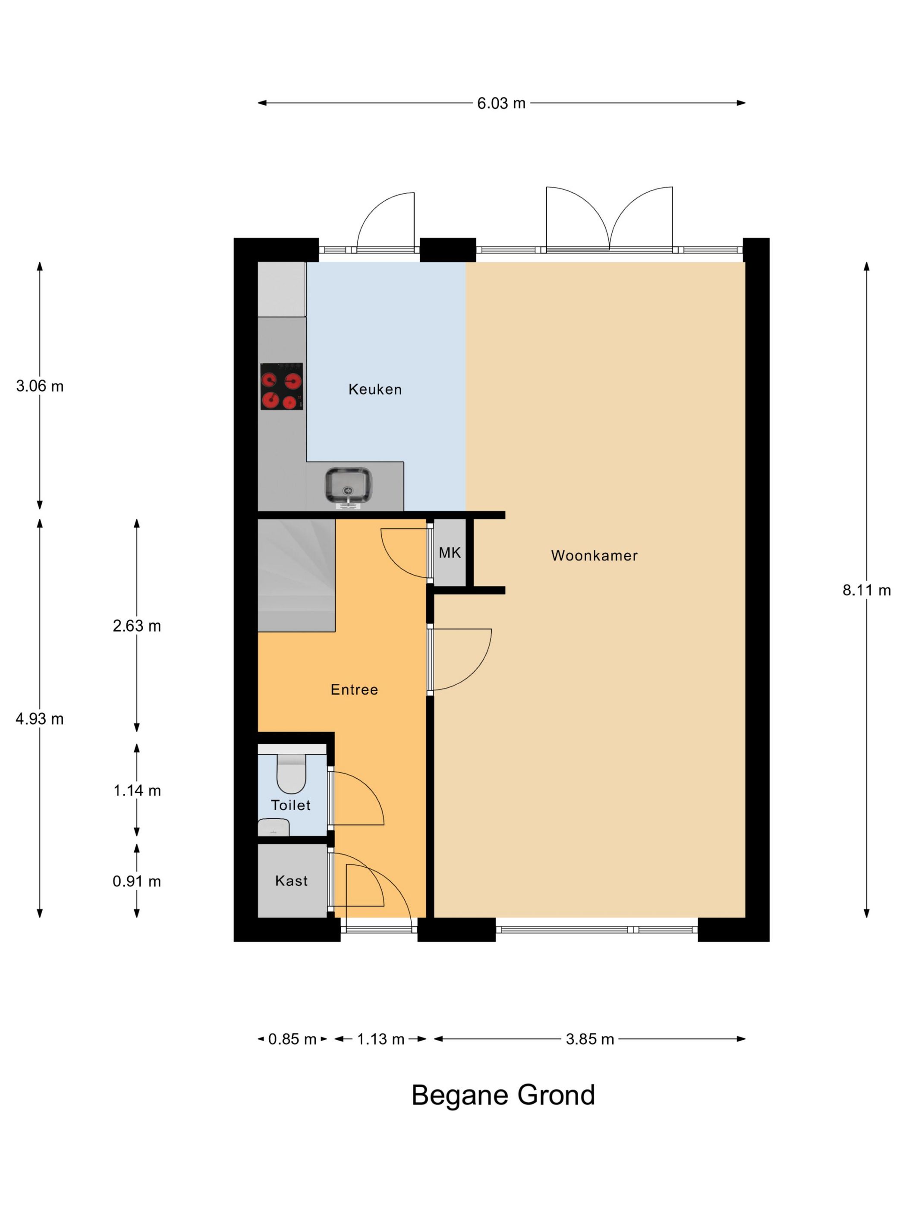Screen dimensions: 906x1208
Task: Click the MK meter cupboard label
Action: (450, 553)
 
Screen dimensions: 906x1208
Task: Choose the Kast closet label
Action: (291, 881)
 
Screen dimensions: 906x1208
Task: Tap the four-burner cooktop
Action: (281, 386)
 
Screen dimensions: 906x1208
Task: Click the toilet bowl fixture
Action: (291, 773)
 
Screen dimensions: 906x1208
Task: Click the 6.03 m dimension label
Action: (501, 103)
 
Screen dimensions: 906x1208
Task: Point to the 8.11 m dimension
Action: (866, 590)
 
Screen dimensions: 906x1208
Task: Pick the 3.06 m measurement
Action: (40, 386)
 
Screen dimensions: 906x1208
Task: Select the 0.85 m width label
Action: (292, 1039)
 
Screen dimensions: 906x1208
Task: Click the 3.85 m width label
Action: (590, 1039)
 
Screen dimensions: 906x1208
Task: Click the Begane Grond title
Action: (503, 1095)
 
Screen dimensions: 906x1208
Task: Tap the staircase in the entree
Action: (296, 575)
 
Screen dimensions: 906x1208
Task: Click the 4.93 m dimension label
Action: (40, 719)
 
